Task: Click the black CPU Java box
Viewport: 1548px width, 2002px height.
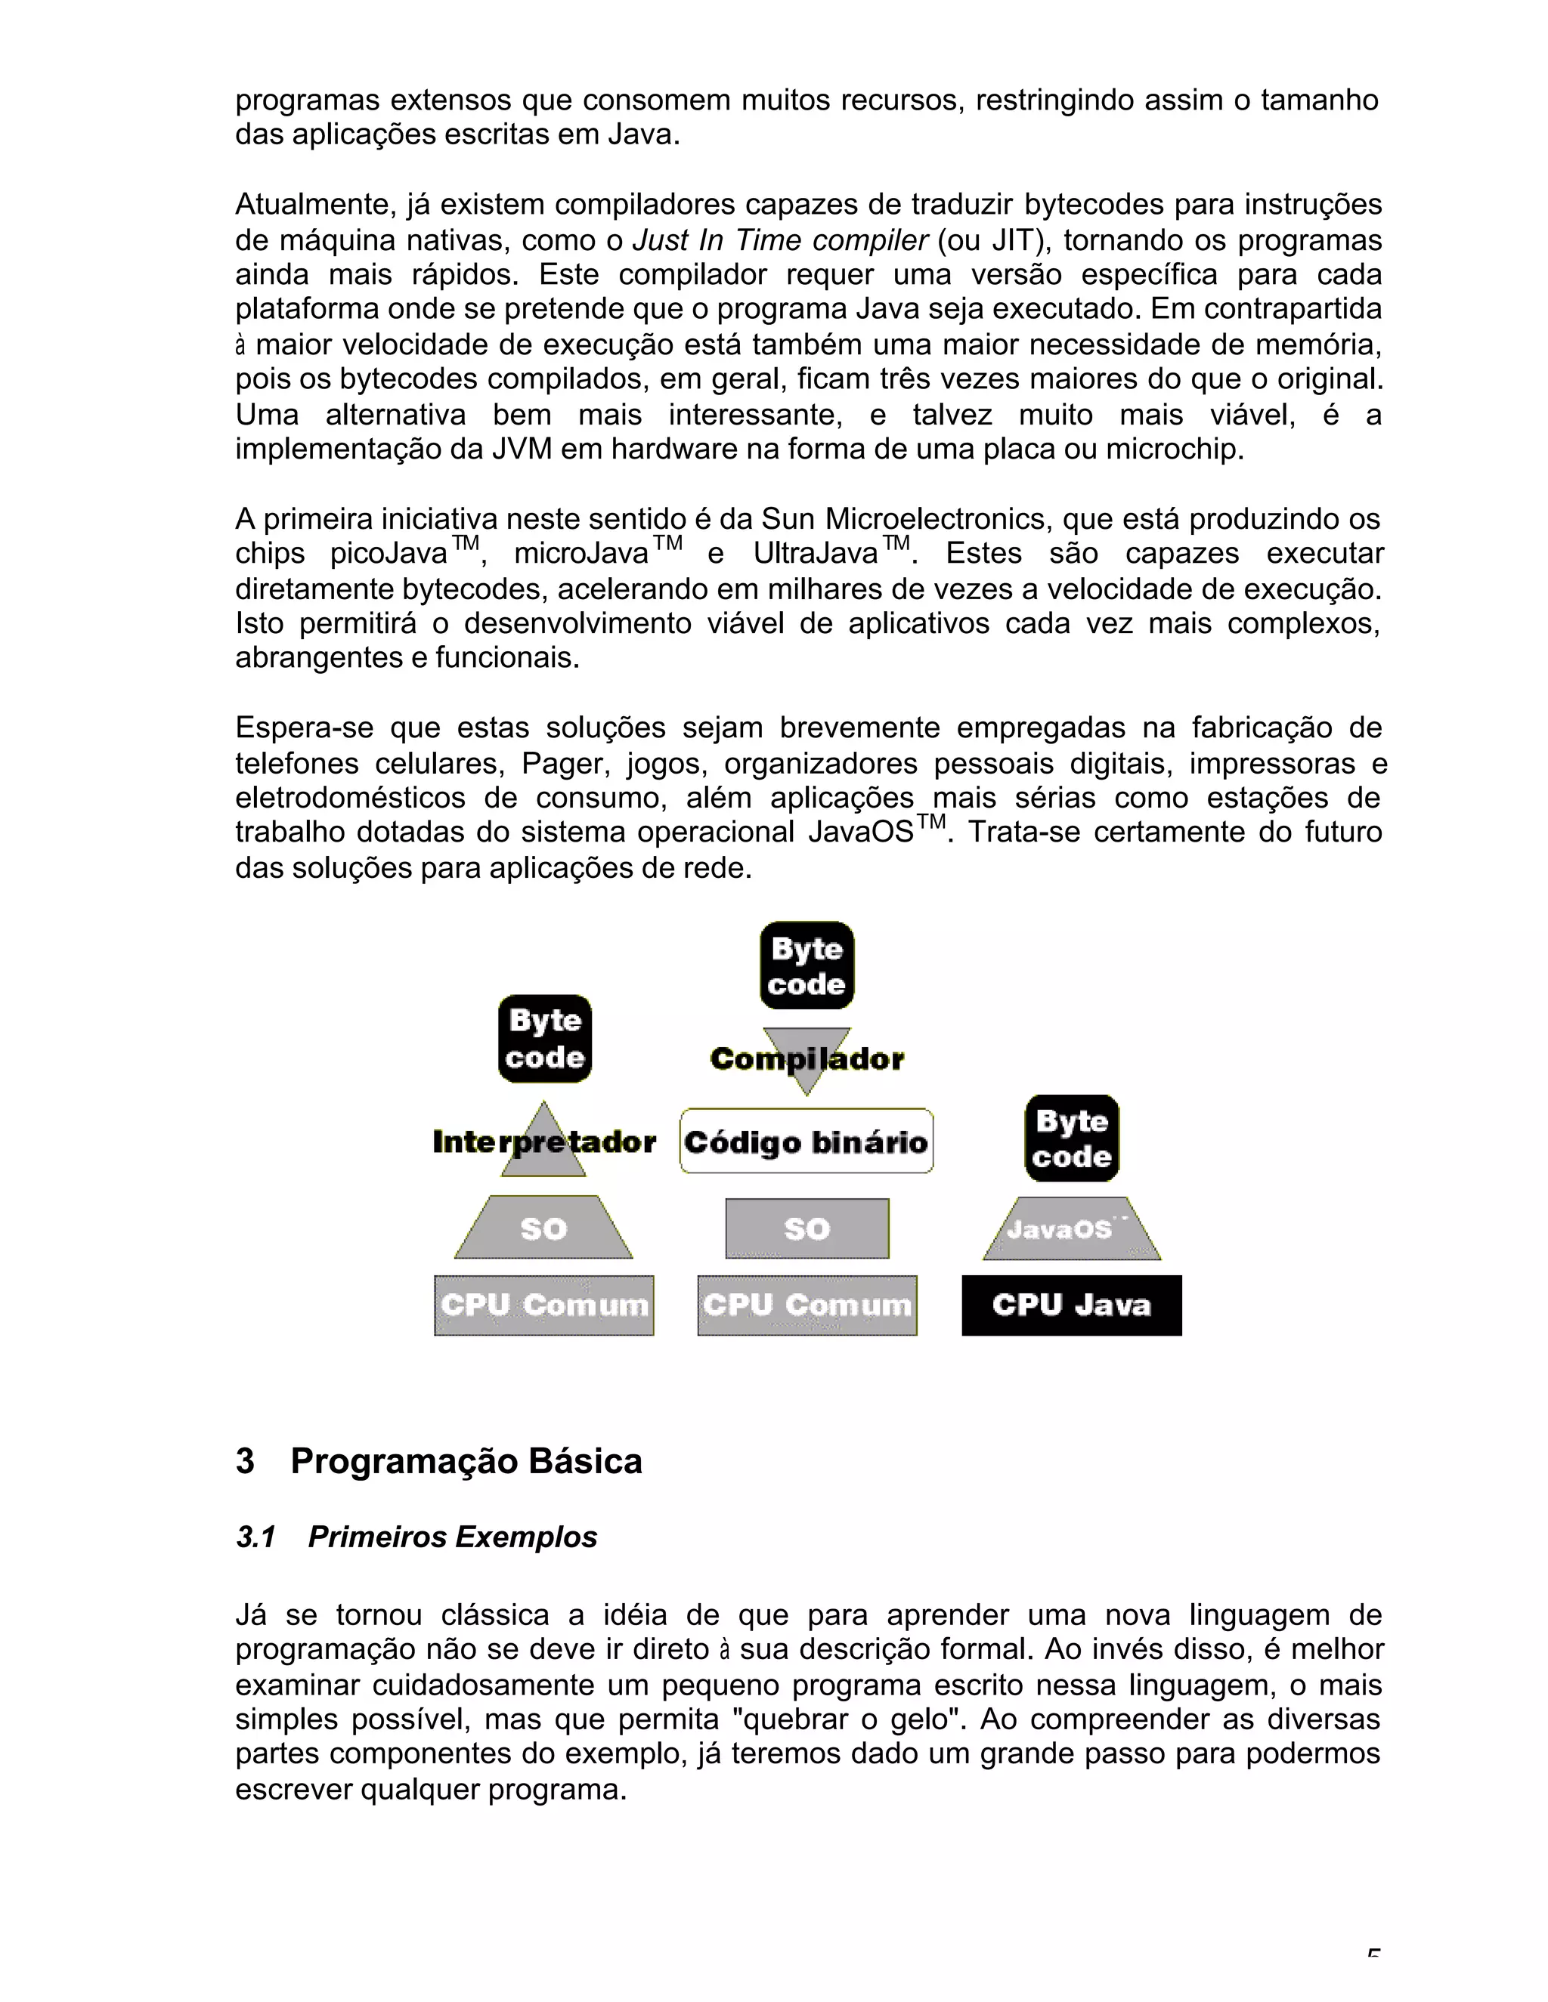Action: click(1071, 1305)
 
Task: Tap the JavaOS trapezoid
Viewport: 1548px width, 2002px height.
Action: click(1071, 1229)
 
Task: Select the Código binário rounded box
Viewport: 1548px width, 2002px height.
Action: click(806, 1142)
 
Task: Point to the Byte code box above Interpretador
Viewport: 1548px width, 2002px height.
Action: click(545, 1039)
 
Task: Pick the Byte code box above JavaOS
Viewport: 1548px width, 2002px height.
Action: click(1071, 1138)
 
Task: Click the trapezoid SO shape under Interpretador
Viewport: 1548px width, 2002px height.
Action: click(543, 1228)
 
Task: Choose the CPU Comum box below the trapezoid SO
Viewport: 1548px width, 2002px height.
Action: click(543, 1305)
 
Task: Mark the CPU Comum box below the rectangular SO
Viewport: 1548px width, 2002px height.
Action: click(807, 1305)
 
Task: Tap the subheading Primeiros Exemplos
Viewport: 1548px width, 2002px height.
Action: click(452, 1537)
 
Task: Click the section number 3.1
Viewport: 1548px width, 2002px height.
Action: click(256, 1537)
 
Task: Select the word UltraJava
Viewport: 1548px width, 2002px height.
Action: click(816, 555)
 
